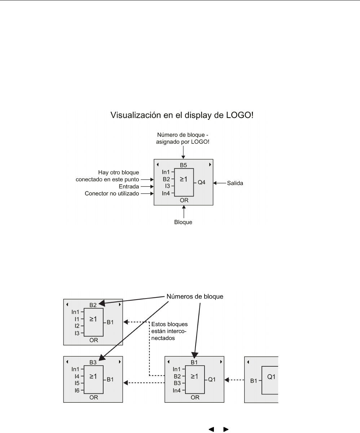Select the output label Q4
click(x=201, y=183)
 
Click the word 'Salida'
click(x=235, y=183)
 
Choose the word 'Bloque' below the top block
click(x=184, y=222)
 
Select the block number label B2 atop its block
click(x=93, y=305)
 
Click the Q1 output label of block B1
click(x=212, y=380)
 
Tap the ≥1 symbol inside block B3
click(x=93, y=376)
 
